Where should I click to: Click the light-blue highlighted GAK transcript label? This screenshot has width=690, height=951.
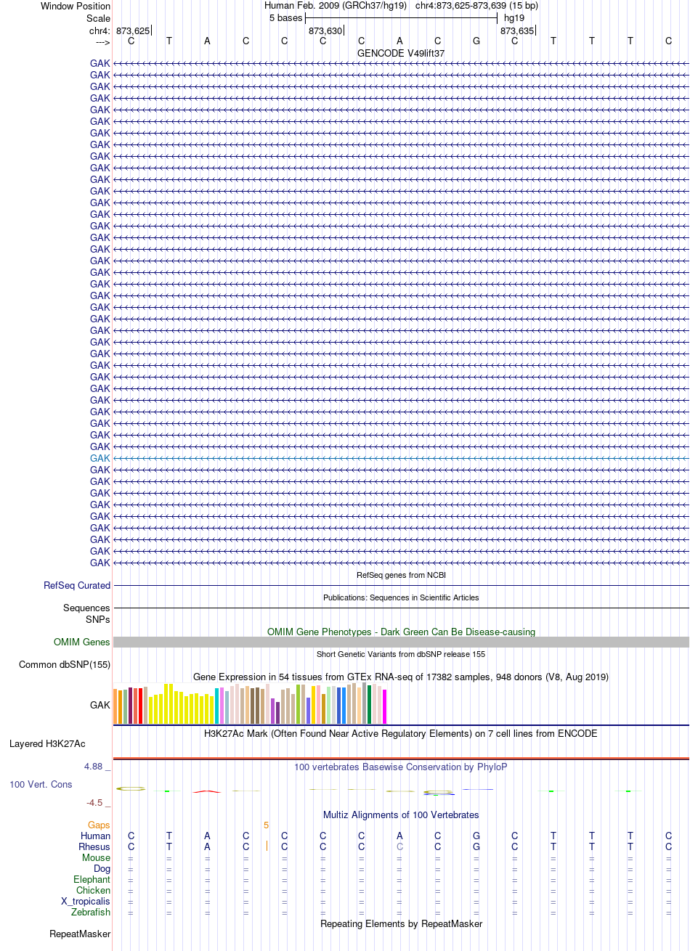pos(100,458)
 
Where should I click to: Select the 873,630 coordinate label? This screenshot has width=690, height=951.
pos(325,31)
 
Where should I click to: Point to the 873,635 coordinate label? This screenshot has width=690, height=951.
pos(516,31)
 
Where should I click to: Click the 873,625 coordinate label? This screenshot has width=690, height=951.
pos(133,31)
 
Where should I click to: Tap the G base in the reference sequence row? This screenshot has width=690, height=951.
pos(476,41)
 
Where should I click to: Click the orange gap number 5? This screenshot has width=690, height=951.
pos(266,825)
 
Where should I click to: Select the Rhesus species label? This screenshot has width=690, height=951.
pos(94,846)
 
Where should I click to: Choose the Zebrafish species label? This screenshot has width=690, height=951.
pos(91,912)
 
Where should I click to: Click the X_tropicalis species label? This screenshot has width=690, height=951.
pos(86,901)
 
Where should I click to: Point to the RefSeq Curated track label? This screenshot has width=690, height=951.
pos(77,585)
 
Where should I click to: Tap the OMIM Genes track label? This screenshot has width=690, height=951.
pos(81,642)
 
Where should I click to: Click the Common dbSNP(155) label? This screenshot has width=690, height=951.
pos(65,664)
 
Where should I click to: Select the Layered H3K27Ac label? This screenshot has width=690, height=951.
pos(47,744)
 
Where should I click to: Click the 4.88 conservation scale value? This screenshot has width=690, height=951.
pos(93,767)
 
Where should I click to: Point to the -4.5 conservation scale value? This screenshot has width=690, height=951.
pos(94,803)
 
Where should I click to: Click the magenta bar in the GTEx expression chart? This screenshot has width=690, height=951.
pos(384,706)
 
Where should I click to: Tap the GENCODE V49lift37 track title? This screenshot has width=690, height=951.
pos(401,54)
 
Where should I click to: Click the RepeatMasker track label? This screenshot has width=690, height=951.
pos(80,934)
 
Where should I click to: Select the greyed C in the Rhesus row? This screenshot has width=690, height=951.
pos(399,846)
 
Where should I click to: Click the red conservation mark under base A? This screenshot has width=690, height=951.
pos(206,791)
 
